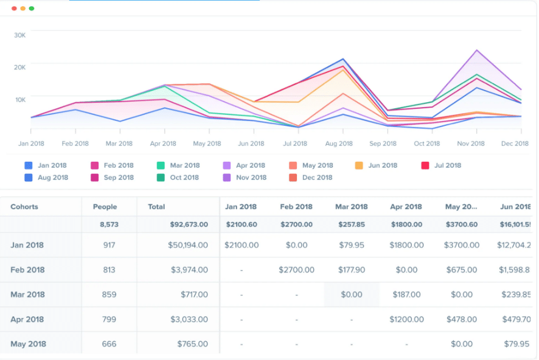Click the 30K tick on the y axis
20,35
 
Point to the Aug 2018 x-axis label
339,144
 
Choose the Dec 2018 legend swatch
293,178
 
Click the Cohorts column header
24,207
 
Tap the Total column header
156,207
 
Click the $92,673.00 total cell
188,224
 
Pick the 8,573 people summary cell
110,224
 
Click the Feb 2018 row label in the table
27,270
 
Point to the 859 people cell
110,294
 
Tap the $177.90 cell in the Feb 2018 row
352,270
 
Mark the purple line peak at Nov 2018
477,50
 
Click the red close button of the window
14,9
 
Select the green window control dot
32,9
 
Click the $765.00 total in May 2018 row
192,344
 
